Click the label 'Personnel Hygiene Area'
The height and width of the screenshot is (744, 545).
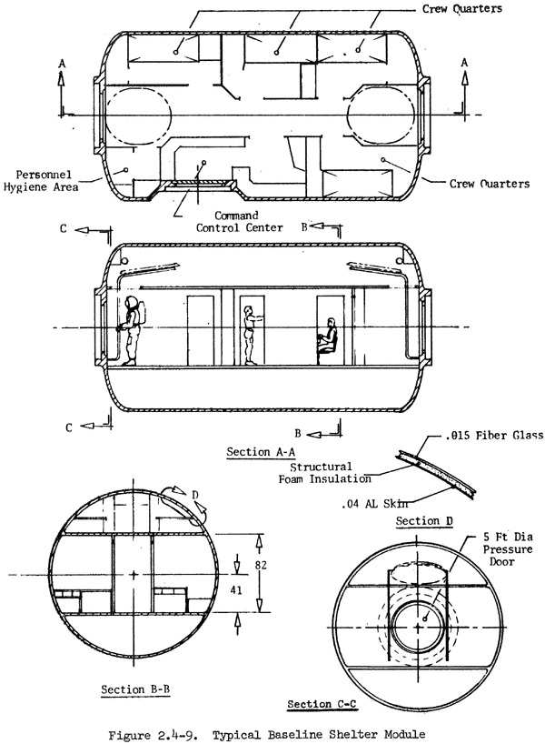(x=41, y=180)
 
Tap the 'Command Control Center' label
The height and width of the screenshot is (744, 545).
(x=239, y=222)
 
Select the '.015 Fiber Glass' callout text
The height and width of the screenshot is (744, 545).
(x=494, y=435)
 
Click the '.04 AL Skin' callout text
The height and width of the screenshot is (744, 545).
(x=374, y=504)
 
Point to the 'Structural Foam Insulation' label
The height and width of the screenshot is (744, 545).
(x=324, y=473)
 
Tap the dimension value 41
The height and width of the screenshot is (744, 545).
(x=236, y=589)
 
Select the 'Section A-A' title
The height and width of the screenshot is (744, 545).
(x=261, y=452)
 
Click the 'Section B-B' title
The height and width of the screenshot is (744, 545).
(x=135, y=689)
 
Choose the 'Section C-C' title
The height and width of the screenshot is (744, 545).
(x=322, y=704)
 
